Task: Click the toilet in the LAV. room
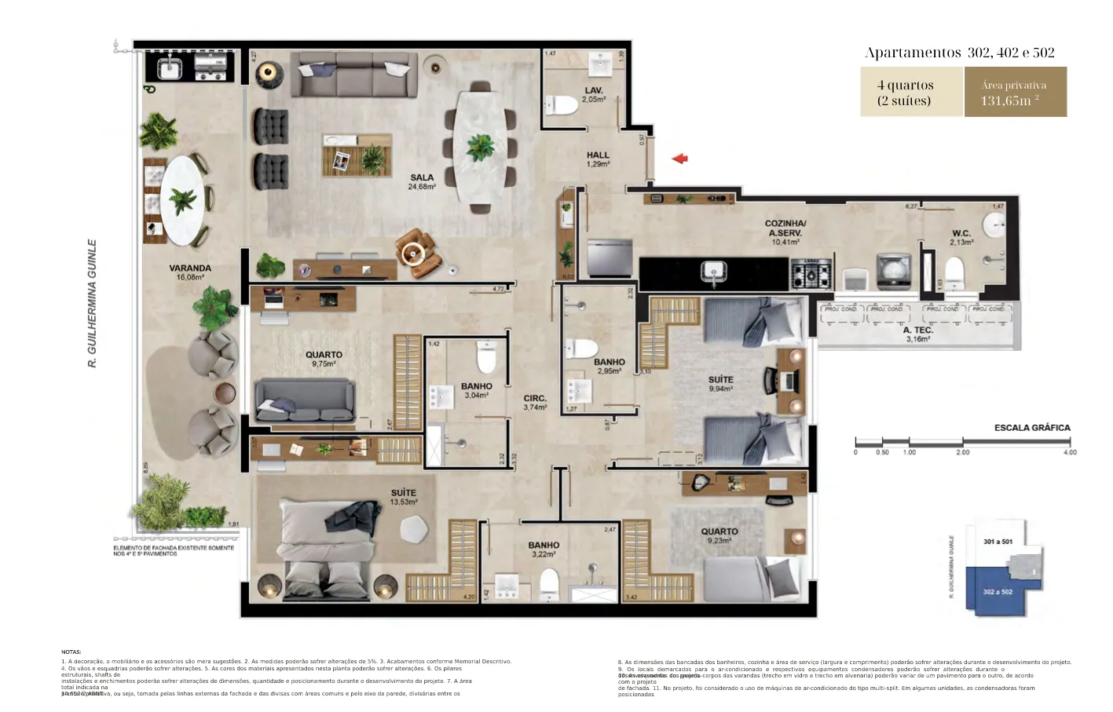click(562, 105)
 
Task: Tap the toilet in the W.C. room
click(954, 274)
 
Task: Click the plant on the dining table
click(479, 147)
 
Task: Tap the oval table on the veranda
click(183, 200)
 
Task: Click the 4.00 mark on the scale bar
click(1069, 452)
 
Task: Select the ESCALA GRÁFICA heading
click(1032, 428)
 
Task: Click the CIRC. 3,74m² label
click(535, 403)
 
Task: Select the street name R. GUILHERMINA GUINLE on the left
click(92, 303)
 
